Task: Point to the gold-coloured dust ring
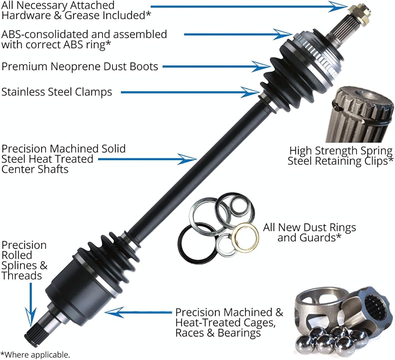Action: (x=245, y=237)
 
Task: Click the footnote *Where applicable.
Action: (x=35, y=354)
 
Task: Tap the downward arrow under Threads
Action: (x=31, y=305)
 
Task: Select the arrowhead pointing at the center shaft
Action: (x=187, y=159)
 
